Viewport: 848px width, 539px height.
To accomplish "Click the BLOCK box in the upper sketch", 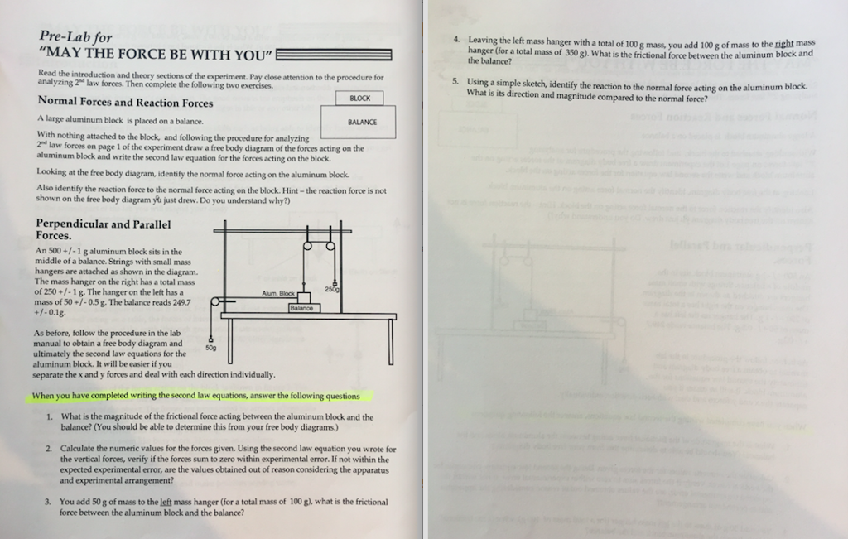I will tap(360, 99).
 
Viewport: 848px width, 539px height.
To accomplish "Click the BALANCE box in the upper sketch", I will tap(362, 122).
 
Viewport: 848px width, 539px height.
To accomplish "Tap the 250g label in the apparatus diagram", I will tap(332, 289).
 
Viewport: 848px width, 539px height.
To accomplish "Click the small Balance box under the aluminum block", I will tap(301, 308).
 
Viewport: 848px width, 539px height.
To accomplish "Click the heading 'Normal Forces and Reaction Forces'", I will tap(125, 103).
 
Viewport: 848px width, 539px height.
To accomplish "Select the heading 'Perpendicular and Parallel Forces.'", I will tap(104, 229).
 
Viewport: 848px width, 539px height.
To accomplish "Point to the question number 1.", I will tap(51, 417).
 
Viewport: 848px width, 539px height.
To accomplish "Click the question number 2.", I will tap(50, 448).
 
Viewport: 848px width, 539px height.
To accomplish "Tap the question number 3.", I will tap(50, 502).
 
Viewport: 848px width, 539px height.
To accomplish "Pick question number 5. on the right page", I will tap(455, 83).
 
